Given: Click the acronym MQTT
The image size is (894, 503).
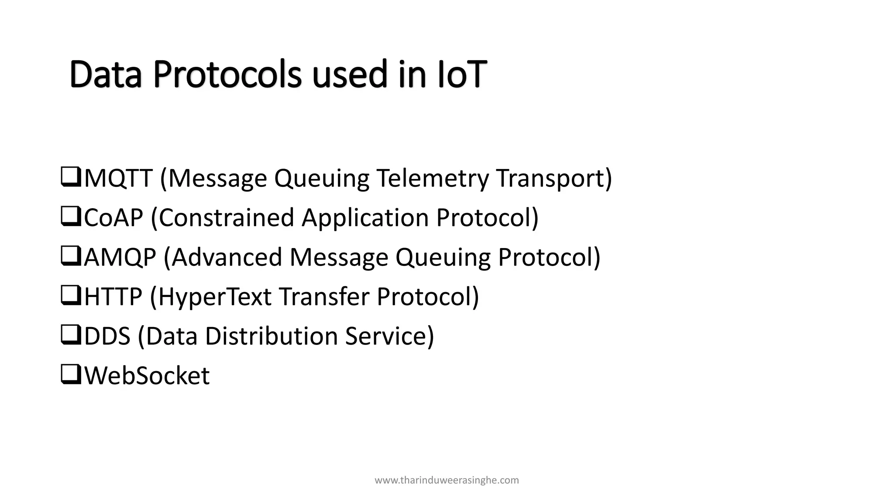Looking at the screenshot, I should [118, 178].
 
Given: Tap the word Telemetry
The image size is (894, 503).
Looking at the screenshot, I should [433, 178].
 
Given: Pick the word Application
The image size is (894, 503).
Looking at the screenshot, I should [365, 217].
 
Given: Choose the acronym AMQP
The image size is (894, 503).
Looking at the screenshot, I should [120, 257].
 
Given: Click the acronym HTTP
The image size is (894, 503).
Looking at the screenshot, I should [113, 296].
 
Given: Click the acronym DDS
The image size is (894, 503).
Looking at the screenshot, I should [107, 336].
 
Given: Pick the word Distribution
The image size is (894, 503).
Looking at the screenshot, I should [271, 336].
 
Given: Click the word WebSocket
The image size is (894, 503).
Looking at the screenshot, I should [147, 376].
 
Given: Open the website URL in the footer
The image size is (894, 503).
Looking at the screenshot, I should [447, 480].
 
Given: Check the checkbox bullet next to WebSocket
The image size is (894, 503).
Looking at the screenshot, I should [71, 375].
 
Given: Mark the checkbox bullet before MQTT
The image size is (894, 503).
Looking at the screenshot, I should [71, 177].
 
